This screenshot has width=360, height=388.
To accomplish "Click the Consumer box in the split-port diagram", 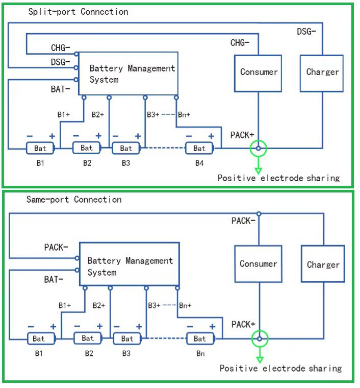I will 259,72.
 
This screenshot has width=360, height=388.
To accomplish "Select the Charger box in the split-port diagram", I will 322,72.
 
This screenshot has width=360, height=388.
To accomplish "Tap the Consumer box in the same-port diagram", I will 258,264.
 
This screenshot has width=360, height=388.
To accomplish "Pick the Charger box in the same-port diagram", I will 323,264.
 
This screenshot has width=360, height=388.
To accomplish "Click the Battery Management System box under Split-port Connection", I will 128,74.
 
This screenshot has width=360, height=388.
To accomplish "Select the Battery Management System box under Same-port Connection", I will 129,265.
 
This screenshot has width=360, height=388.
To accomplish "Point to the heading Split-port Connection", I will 78,12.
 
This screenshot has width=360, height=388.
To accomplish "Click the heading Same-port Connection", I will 74,200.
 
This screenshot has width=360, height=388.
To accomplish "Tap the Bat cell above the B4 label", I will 199,149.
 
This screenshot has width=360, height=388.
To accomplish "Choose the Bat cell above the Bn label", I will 200,338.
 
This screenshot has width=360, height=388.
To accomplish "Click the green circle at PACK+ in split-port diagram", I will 259,149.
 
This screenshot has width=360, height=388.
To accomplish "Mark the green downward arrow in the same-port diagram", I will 260,354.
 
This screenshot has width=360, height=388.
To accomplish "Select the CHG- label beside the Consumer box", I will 240,43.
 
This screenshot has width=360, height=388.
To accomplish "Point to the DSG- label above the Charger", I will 306,32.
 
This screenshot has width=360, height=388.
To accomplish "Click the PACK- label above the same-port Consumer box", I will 242,221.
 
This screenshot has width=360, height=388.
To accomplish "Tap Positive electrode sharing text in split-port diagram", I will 278,178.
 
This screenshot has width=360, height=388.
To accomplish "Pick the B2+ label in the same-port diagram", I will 99,305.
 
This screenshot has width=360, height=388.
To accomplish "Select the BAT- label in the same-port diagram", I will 54,279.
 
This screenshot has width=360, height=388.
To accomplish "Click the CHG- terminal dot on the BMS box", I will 76,54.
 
